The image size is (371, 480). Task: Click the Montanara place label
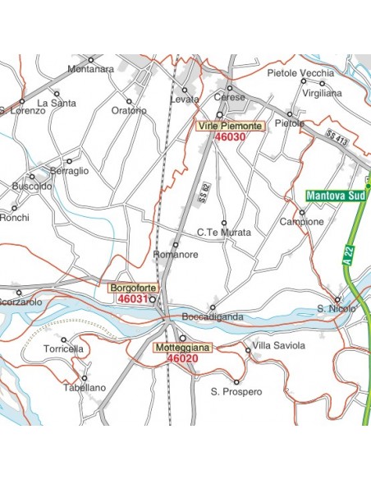[x=90, y=69]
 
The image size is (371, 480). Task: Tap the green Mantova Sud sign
[x=335, y=196]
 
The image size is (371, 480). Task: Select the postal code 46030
[x=230, y=137]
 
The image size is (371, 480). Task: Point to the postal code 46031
[x=132, y=299]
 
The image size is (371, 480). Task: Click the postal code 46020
[x=181, y=358]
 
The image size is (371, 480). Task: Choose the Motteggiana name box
[x=182, y=348]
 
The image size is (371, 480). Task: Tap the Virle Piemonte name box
[x=230, y=126]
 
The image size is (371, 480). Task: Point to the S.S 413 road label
[x=337, y=137]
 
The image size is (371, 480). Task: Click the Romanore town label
[x=175, y=256]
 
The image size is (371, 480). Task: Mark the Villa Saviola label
[x=278, y=345]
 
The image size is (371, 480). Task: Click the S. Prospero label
[x=236, y=392]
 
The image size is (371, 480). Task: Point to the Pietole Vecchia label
[x=301, y=73]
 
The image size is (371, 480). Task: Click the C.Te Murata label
[x=224, y=233]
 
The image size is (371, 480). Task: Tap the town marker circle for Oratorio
[x=129, y=101]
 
